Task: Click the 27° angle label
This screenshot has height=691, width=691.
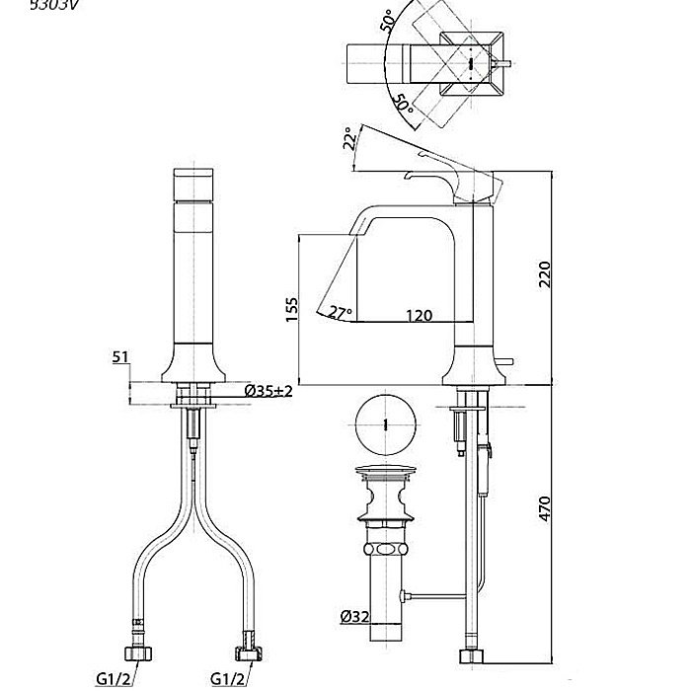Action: (x=341, y=312)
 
